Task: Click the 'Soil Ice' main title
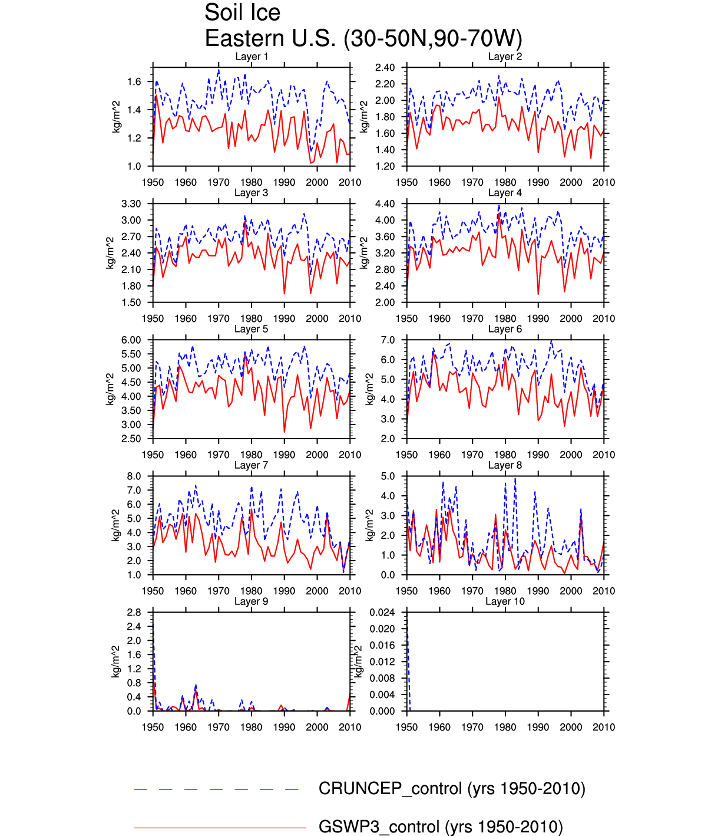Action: click(242, 13)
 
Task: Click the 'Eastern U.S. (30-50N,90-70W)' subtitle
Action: click(363, 39)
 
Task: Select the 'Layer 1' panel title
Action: click(252, 57)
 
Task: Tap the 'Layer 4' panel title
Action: click(505, 193)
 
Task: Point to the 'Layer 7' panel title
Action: click(252, 465)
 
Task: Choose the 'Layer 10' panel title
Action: click(505, 601)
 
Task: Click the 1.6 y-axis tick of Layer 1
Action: click(134, 81)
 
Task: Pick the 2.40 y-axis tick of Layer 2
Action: click(385, 68)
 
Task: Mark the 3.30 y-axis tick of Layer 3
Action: click(131, 204)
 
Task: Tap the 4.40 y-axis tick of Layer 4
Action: click(385, 204)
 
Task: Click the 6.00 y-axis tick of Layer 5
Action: click(131, 340)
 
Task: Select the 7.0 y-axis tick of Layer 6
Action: click(388, 340)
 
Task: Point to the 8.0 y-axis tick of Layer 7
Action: click(134, 476)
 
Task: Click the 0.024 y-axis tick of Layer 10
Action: click(382, 613)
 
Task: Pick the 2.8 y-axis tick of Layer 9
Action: click(134, 613)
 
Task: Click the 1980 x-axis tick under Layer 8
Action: click(505, 591)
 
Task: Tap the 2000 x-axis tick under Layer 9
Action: click(317, 727)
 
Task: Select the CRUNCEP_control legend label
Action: click(452, 789)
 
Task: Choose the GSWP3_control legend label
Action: click(441, 827)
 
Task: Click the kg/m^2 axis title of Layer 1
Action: click(116, 117)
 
